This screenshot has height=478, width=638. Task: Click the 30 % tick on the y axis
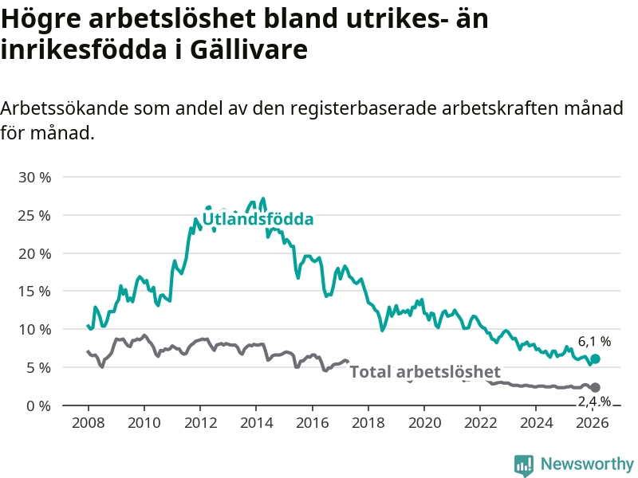point(34,177)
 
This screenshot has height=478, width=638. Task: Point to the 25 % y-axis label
point(34,215)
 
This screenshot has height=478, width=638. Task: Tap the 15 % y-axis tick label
point(34,291)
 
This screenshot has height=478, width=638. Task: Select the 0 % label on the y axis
point(39,406)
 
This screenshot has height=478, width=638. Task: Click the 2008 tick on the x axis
point(88,422)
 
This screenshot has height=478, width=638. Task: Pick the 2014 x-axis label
point(256,422)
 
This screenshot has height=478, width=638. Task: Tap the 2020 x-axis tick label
point(424,422)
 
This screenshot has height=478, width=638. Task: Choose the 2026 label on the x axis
point(593,422)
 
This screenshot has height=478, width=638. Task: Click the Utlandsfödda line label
point(258,219)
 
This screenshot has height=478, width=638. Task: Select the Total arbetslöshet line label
point(425,371)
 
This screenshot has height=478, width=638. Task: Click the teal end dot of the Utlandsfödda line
point(595,359)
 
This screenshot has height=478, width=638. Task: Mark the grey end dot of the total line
point(595,387)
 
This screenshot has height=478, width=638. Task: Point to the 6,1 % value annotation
point(594,342)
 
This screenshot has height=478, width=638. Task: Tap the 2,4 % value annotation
point(594,401)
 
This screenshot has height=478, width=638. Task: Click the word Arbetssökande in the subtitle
point(63,108)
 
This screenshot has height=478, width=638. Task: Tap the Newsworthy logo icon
point(524,464)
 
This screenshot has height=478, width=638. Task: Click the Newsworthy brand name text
point(587,464)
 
